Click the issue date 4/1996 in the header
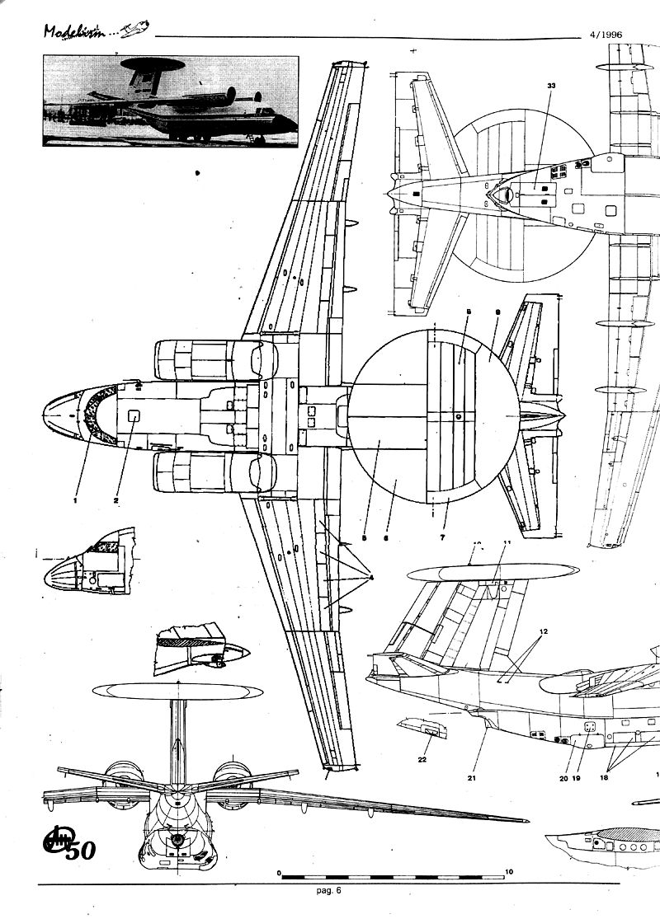(x=606, y=35)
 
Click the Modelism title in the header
(x=78, y=31)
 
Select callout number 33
(x=550, y=85)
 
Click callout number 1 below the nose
(x=74, y=499)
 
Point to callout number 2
(x=116, y=499)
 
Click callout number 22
(x=422, y=759)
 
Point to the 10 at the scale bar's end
(x=509, y=871)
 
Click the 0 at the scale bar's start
(x=280, y=871)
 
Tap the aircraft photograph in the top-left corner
(x=170, y=101)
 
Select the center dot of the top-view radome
(x=457, y=417)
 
